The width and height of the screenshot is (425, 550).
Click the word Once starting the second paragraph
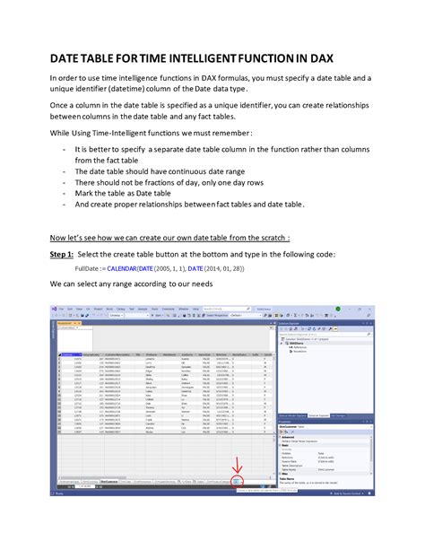pos(61,118)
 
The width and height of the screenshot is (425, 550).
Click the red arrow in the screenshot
pos(238,490)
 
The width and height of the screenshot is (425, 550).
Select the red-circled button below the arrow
pos(238,507)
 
